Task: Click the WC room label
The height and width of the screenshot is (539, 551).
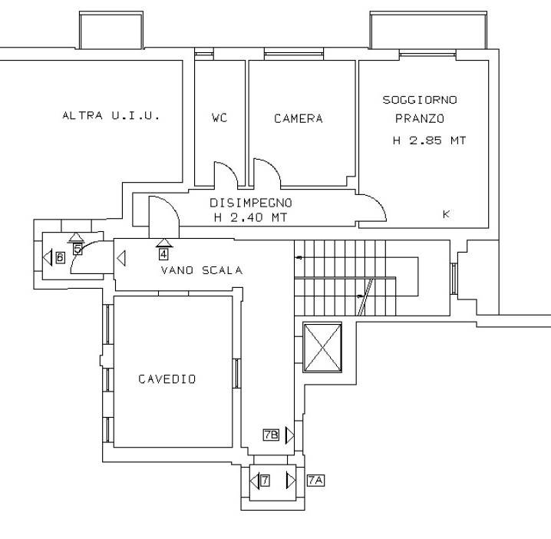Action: (x=219, y=117)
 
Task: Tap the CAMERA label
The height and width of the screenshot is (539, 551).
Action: (x=299, y=118)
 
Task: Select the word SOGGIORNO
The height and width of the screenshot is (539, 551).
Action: (x=420, y=100)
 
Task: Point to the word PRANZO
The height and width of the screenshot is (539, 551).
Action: (x=420, y=118)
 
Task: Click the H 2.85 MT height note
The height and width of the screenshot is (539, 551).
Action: (x=430, y=141)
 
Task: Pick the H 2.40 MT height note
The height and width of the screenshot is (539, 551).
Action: (x=251, y=217)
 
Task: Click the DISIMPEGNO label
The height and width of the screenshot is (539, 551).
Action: (x=251, y=203)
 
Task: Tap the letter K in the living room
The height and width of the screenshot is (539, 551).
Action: (x=447, y=214)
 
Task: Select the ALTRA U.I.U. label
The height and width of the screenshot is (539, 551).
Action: (x=111, y=115)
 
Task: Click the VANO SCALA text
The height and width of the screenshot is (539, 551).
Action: (x=202, y=270)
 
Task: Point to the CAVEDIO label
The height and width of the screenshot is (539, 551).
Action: (x=167, y=379)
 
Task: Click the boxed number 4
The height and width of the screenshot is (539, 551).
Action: (x=163, y=254)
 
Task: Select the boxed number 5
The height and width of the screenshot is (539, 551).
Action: (x=78, y=250)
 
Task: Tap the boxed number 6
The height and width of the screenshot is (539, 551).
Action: (x=60, y=258)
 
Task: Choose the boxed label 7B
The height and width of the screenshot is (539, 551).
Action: (x=271, y=435)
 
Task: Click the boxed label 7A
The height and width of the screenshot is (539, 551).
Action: (x=315, y=481)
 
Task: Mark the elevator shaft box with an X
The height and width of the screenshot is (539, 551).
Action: (x=322, y=347)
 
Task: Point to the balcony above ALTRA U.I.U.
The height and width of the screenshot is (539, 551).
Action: (x=111, y=30)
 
